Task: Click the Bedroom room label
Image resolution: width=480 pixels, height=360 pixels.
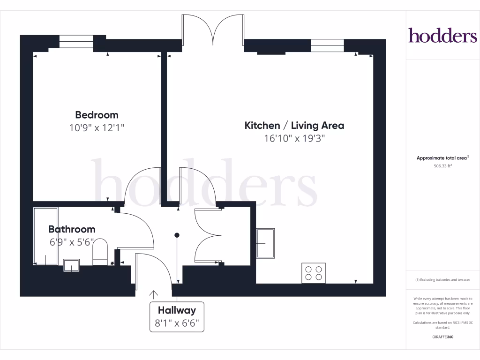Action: [97, 115]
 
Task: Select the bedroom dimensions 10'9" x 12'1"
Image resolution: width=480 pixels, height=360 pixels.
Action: [97, 127]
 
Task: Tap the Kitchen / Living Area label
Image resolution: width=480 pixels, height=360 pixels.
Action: [294, 126]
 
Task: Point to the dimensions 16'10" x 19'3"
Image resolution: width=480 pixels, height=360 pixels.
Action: [294, 138]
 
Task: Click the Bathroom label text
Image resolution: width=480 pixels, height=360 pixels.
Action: [72, 229]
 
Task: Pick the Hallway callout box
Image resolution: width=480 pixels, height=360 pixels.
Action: [177, 316]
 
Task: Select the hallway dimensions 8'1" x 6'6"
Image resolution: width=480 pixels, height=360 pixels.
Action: [177, 323]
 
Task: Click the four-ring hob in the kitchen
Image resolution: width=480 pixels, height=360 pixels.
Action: [314, 273]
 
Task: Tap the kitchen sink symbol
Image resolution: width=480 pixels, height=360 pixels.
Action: [265, 243]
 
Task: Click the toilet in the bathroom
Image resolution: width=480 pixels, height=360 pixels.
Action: [100, 252]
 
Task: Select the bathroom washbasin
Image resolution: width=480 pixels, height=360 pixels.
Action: [71, 265]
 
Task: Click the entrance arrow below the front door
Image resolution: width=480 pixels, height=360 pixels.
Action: [153, 294]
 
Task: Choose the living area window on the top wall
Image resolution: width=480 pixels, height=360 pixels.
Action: [327, 45]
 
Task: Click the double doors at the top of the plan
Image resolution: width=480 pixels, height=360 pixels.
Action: [213, 30]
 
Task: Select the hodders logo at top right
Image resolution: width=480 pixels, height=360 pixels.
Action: [442, 36]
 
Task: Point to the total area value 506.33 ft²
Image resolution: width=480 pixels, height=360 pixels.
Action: [442, 165]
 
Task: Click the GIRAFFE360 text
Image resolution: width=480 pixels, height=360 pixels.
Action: [442, 337]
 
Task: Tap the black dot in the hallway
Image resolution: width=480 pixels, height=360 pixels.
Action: [177, 235]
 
